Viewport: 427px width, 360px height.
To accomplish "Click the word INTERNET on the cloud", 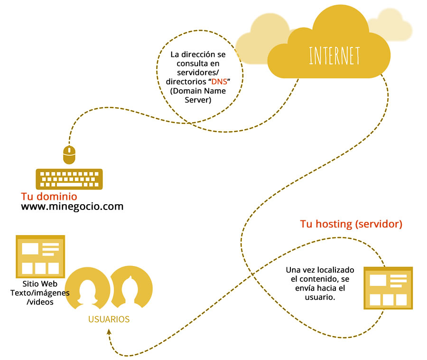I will tap(334, 56).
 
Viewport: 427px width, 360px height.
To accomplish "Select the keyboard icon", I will tap(69, 179).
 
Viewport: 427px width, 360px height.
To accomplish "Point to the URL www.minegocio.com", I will tap(72, 207).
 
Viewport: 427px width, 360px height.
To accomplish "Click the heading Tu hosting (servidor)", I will tap(351, 224).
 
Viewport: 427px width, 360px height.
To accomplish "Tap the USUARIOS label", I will tap(109, 319).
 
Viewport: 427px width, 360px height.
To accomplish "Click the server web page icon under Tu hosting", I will tap(388, 288).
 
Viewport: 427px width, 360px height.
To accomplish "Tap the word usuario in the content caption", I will tap(319, 297).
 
